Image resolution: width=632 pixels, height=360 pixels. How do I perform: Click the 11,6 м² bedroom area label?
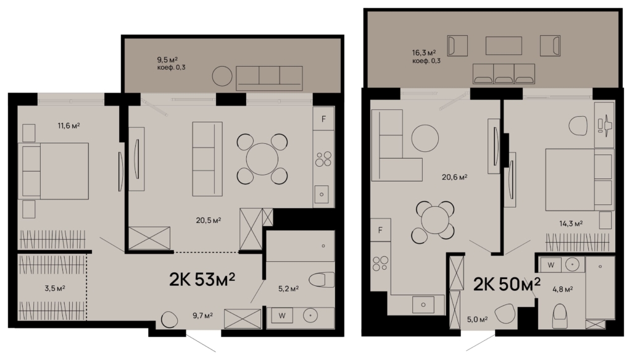[x=69, y=126]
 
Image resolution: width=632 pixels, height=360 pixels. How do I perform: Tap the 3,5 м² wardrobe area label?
[x=55, y=288]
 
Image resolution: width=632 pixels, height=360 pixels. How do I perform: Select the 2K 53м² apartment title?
[x=202, y=279]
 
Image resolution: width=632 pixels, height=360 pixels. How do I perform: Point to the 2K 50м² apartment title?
[x=507, y=284]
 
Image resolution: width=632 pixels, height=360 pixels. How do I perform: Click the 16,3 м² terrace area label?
[x=423, y=53]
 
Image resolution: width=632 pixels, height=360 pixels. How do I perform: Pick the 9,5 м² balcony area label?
[x=167, y=60]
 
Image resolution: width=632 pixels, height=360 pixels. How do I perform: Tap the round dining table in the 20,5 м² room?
[x=262, y=159]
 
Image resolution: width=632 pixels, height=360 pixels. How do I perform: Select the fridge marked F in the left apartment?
[x=323, y=119]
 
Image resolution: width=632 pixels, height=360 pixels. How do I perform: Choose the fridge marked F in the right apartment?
[x=380, y=230]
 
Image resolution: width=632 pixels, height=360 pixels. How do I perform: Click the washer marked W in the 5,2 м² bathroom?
[x=282, y=316]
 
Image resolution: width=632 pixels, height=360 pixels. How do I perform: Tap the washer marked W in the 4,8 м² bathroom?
[x=551, y=265]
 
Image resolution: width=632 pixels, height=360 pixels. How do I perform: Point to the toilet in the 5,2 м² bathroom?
[x=322, y=280]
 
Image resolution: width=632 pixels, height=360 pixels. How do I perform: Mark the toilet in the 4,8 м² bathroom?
[x=560, y=316]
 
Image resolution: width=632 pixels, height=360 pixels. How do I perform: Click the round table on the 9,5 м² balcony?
[x=222, y=76]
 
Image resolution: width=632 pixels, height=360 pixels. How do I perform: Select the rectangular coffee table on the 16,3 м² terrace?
[x=504, y=46]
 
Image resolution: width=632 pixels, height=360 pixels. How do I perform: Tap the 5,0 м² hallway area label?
[x=477, y=319]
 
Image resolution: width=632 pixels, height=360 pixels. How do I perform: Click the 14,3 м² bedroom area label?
[x=572, y=224]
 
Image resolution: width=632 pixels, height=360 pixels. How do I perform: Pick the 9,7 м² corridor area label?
[x=202, y=316]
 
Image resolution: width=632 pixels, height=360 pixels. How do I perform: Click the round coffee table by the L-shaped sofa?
[x=425, y=138]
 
